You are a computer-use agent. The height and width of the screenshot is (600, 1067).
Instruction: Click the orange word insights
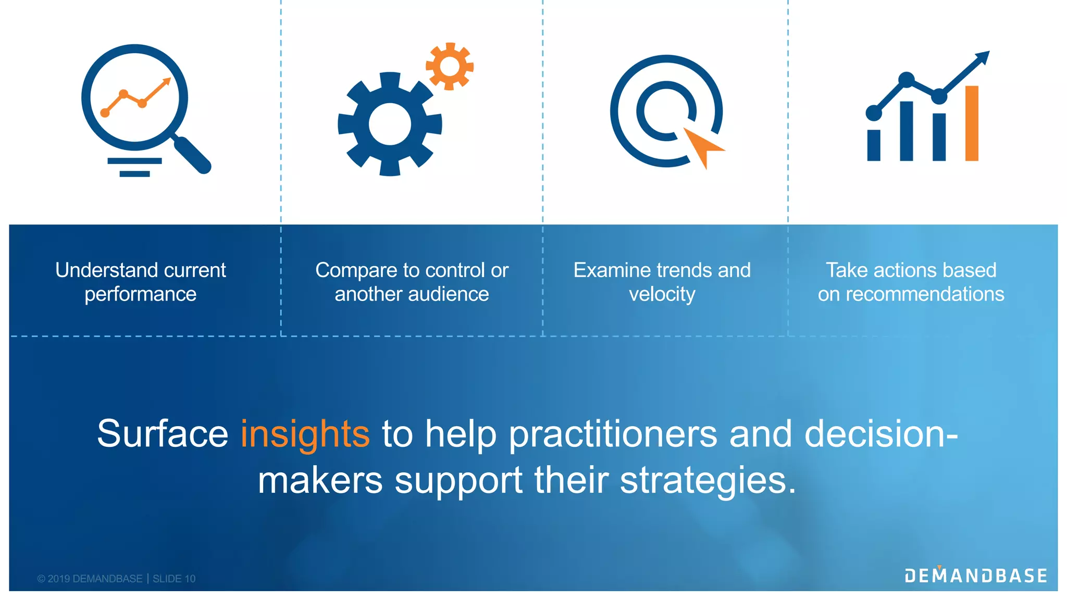click(305, 434)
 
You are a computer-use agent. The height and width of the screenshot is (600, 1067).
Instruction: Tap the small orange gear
click(450, 66)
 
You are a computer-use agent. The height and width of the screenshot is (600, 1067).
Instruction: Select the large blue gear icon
click(390, 124)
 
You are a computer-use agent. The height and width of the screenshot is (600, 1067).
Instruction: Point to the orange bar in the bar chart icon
click(972, 123)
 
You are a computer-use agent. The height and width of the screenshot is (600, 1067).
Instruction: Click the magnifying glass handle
click(193, 155)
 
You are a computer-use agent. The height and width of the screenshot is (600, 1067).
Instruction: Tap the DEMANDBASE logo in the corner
click(976, 575)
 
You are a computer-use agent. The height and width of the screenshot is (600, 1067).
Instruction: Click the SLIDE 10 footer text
click(174, 579)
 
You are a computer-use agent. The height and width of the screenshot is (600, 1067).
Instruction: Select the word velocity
click(662, 294)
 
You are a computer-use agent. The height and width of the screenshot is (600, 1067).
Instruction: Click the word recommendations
click(925, 294)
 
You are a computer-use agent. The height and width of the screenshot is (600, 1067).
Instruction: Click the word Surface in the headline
click(163, 434)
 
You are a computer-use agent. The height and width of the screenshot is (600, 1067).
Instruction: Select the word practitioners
click(613, 434)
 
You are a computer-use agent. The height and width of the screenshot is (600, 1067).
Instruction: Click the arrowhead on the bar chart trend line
click(983, 57)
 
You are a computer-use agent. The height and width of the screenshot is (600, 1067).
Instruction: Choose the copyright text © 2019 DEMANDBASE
click(90, 579)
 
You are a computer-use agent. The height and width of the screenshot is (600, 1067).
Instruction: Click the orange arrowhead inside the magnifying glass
click(166, 82)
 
